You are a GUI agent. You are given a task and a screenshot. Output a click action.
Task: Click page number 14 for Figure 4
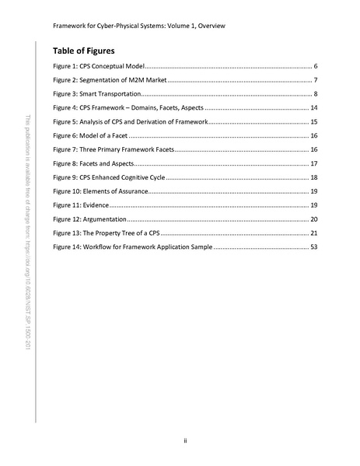pyautogui.click(x=312, y=108)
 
